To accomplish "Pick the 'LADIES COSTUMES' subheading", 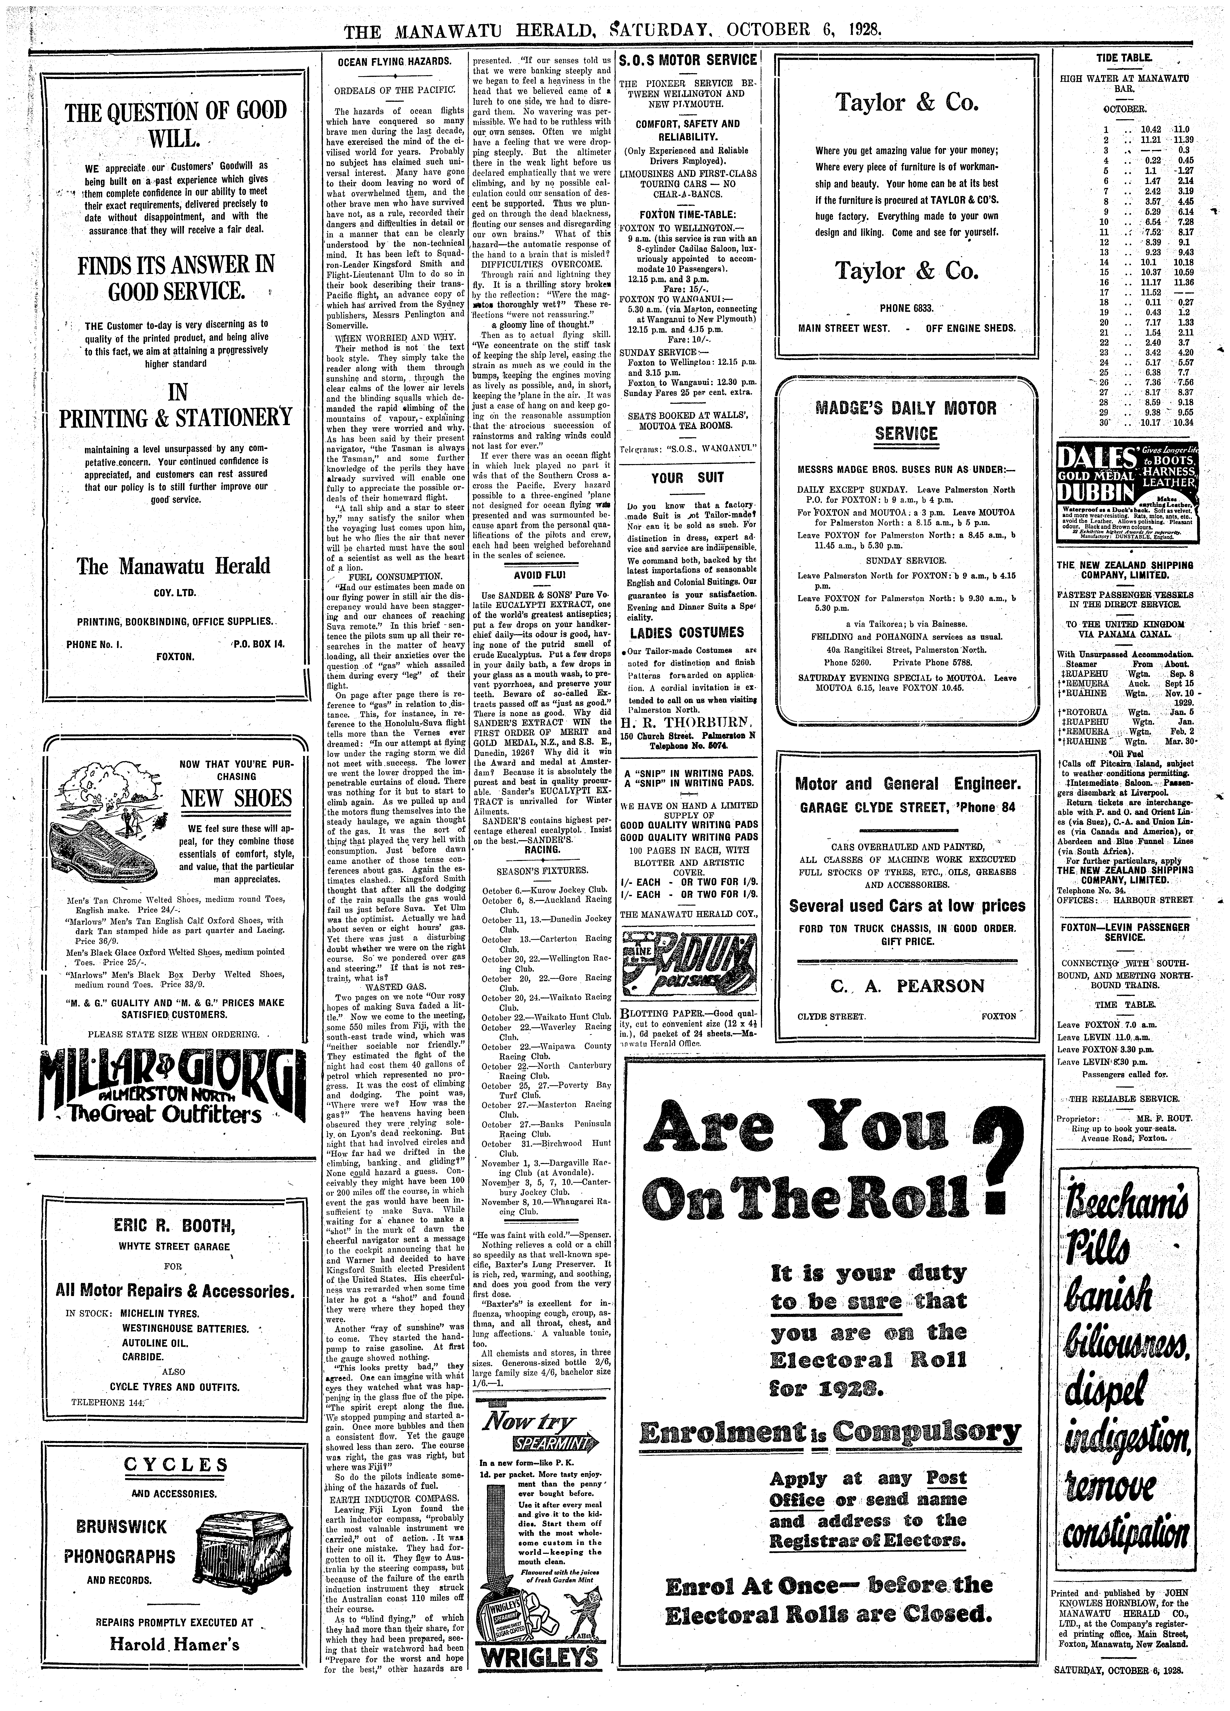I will pyautogui.click(x=687, y=632).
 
